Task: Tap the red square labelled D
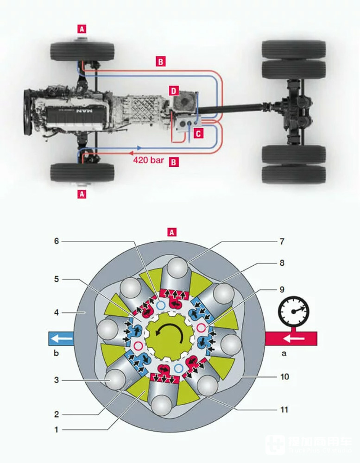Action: coord(173,91)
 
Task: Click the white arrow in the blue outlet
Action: coord(61,339)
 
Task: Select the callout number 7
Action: coord(282,241)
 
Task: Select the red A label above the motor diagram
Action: coord(172,232)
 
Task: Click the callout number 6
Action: coord(57,241)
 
